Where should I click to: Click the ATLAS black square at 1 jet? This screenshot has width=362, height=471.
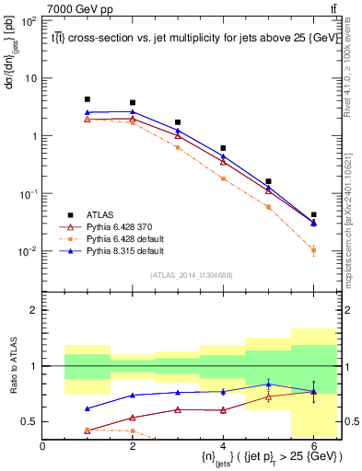click(x=88, y=99)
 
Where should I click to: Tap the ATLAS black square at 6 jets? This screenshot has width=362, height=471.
click(x=314, y=214)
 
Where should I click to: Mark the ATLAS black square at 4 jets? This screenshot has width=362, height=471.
click(x=224, y=148)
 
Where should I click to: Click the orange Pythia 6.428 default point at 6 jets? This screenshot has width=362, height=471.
click(x=314, y=250)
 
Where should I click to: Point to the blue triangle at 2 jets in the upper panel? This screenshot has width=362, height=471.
click(x=133, y=112)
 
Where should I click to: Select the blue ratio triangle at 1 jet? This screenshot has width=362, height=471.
click(x=88, y=408)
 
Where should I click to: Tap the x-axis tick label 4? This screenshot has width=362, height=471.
click(x=224, y=446)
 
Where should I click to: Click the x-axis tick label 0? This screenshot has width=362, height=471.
click(x=43, y=446)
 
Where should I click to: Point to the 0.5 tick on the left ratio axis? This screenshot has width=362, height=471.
click(x=30, y=422)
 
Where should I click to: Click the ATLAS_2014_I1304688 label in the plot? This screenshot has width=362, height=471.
click(x=191, y=275)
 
